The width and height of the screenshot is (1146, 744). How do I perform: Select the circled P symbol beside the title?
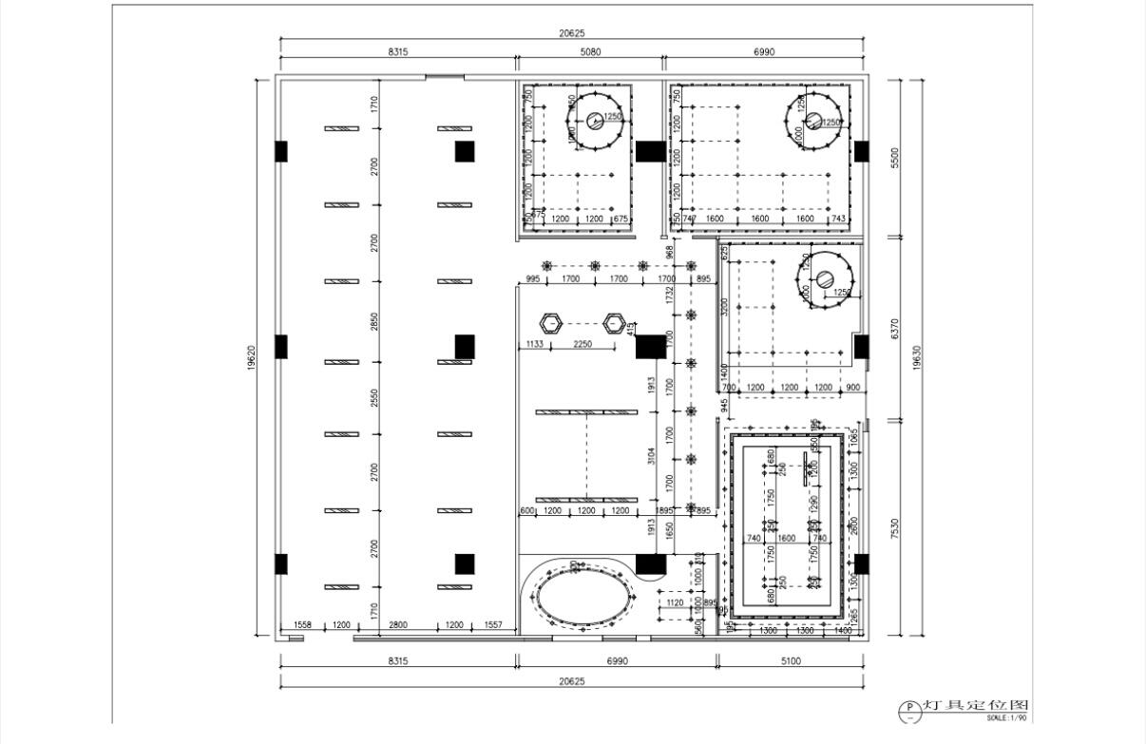coord(908,708)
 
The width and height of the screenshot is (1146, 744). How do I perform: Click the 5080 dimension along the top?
coord(589,52)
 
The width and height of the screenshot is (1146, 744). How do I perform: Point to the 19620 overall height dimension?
coord(251,357)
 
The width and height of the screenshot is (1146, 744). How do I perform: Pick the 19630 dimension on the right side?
coord(916,357)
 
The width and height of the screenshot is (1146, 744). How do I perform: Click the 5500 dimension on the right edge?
coord(894,157)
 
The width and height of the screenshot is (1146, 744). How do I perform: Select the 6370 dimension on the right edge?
coord(894,329)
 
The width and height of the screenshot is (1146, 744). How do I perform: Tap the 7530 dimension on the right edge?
coord(894,528)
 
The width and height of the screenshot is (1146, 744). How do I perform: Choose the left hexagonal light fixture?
coord(550,323)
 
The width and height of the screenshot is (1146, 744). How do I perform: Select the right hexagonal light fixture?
coord(615,323)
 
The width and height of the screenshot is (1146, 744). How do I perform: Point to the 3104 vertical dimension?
coord(652,456)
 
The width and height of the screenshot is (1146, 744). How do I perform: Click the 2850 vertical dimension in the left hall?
coord(374,320)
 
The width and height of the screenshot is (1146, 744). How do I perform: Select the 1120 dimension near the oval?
coord(675,602)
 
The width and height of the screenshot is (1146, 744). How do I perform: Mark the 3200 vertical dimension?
coord(724,306)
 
